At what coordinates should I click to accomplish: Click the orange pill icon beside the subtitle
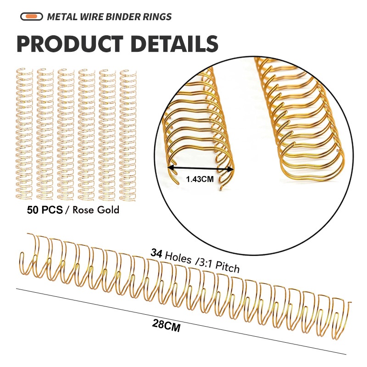pyautogui.click(x=32, y=17)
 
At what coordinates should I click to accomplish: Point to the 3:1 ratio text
pyautogui.click(x=204, y=261)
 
